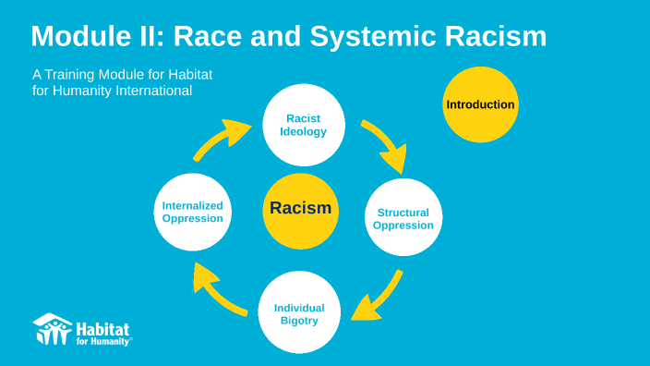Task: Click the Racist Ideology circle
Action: click(x=304, y=125)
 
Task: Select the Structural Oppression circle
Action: click(x=403, y=218)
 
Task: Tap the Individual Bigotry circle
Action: click(x=299, y=313)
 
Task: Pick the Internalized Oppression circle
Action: click(x=192, y=212)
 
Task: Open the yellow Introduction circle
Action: click(x=480, y=104)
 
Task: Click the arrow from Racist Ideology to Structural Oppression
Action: click(x=386, y=145)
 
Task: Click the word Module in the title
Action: click(x=83, y=37)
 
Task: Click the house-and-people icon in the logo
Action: click(x=52, y=328)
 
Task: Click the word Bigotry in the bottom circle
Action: click(x=299, y=321)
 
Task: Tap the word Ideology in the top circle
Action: click(x=304, y=131)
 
